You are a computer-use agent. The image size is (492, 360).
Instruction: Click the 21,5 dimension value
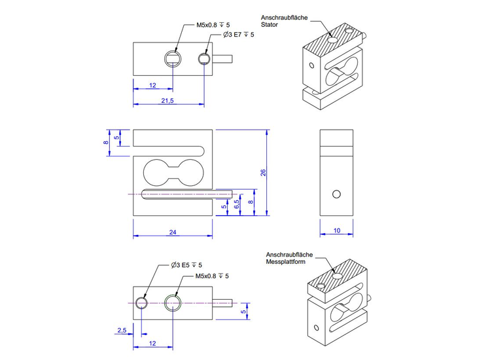pos(167,100)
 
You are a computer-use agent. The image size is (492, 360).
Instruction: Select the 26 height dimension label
pos(263,173)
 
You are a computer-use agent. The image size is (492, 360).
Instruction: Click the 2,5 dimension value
pos(122,331)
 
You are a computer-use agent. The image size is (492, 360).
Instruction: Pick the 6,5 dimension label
pos(236,204)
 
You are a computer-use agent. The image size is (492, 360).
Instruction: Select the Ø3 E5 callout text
pos(186,265)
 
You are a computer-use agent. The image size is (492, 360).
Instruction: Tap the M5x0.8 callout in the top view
pos(213,25)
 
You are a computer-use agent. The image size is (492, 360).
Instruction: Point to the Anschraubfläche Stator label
pos(280,20)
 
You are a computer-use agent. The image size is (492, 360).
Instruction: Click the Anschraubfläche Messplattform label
pos(290,259)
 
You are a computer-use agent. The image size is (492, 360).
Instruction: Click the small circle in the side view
pos(336,194)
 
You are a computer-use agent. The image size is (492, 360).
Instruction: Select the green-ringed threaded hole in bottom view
pos(172,302)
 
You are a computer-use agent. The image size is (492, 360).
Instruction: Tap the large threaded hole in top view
pos(172,58)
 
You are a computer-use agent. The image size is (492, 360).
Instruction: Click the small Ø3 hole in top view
pos(205,59)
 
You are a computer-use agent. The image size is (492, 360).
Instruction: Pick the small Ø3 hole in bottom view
pos(141,302)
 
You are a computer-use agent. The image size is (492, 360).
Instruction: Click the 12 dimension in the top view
pos(152,85)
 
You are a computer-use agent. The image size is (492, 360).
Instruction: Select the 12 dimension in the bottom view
pos(152,343)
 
